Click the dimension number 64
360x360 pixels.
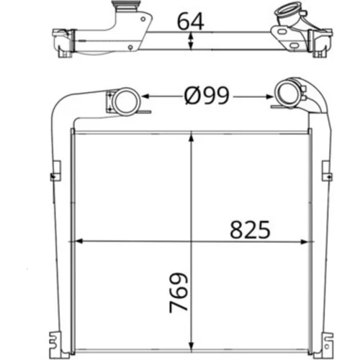tap(191, 21)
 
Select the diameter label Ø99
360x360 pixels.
tap(207, 96)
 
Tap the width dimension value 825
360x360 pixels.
tap(250, 230)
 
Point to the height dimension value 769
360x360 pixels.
tap(179, 292)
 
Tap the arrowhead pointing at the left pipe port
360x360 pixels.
tap(145, 96)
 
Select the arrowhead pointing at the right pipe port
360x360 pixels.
tap(269, 96)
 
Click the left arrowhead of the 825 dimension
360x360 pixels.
tap(79, 241)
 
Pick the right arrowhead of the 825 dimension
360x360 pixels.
tap(304, 242)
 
